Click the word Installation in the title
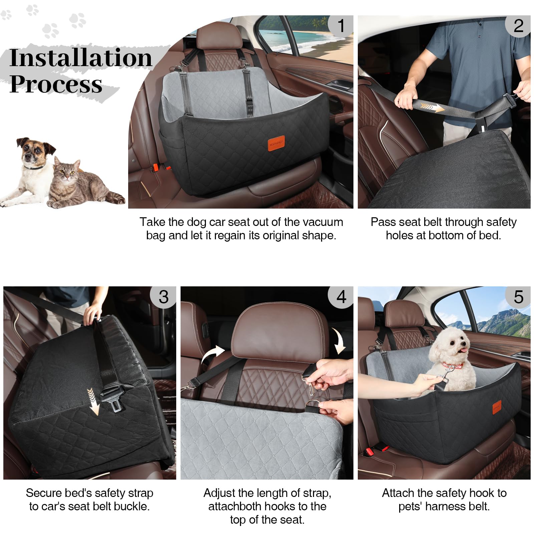(81, 58)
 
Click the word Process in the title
(56, 84)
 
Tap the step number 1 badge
(341, 26)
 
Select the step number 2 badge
(518, 26)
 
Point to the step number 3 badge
(164, 297)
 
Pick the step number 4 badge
(341, 297)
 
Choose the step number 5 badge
(518, 297)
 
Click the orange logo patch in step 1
(276, 143)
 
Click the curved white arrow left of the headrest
(213, 354)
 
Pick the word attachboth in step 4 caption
(236, 506)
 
